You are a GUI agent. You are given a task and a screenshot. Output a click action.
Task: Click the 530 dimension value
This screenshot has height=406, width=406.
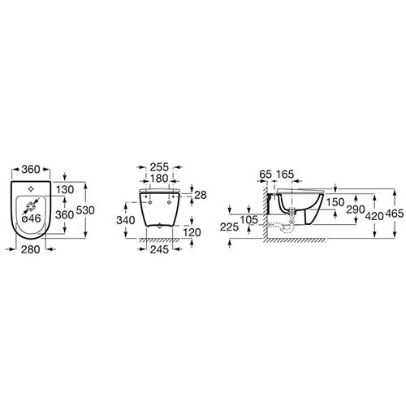tap(85, 210)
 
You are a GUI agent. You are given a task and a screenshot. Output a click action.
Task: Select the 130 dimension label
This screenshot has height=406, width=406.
tap(65, 190)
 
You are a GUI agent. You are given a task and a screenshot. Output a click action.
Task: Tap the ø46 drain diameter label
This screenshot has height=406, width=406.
tap(32, 218)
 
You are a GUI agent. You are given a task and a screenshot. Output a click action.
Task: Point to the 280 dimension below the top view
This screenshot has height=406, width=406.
tap(30, 249)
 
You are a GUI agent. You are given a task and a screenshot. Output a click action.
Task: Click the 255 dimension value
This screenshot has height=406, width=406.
tap(159, 167)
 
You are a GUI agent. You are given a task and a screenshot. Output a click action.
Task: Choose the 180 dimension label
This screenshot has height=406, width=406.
tap(158, 179)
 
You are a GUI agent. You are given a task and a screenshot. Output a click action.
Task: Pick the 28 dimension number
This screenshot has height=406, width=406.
tap(201, 195)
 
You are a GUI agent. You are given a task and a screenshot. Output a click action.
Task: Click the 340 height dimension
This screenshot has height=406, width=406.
tap(126, 220)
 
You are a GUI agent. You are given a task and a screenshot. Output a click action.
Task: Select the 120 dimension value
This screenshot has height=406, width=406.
tap(192, 232)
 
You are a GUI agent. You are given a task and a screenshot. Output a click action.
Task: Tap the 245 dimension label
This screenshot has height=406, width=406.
tap(159, 249)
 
